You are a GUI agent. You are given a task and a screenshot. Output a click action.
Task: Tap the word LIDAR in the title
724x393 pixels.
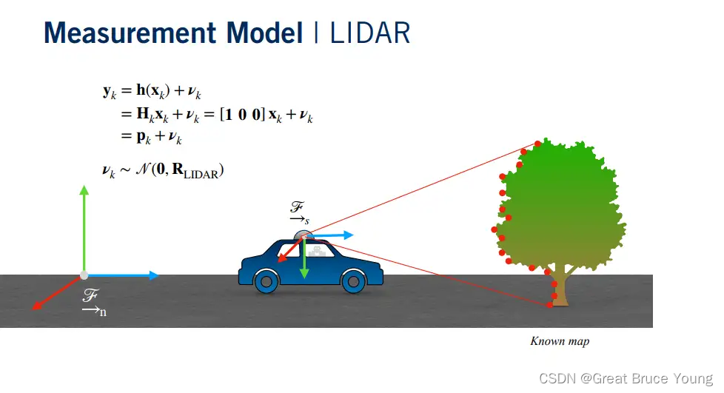(x=369, y=33)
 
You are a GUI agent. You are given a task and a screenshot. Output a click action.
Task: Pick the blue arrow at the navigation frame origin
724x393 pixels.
(x=122, y=275)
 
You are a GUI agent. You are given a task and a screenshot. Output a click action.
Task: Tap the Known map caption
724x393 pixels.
(x=560, y=341)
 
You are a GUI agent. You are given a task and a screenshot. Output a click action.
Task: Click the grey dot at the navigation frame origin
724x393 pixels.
(x=84, y=275)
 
